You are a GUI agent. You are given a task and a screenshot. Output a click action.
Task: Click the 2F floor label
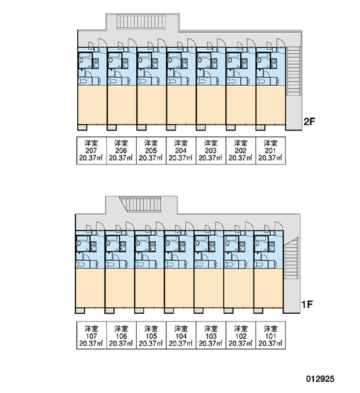point(309,122)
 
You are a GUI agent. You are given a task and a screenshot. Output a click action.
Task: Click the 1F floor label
point(306,305)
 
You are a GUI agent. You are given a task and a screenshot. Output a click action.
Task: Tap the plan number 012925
point(320,379)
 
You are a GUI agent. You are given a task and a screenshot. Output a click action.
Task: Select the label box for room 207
point(92,151)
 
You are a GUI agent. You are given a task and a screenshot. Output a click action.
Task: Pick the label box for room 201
point(270,151)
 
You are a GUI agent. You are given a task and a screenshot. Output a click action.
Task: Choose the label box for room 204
point(181,151)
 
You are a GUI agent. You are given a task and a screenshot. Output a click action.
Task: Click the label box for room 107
point(92,335)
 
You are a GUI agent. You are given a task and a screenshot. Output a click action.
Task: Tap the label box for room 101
point(270,335)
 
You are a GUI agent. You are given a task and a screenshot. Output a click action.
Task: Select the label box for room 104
point(181,335)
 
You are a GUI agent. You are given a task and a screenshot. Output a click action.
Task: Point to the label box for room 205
point(151,151)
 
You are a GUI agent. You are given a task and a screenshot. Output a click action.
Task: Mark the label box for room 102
point(241,335)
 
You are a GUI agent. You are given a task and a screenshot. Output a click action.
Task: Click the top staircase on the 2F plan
point(141,22)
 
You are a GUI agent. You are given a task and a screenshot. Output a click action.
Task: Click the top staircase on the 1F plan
point(141,204)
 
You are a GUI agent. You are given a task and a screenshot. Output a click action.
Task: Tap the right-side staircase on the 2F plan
point(293,71)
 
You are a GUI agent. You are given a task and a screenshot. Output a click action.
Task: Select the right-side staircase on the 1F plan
point(291,258)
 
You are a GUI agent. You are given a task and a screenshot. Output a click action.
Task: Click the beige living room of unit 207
point(92,105)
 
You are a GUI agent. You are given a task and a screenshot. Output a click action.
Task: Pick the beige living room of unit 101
point(268,288)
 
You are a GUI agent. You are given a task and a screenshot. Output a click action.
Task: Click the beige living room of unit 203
point(211,105)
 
